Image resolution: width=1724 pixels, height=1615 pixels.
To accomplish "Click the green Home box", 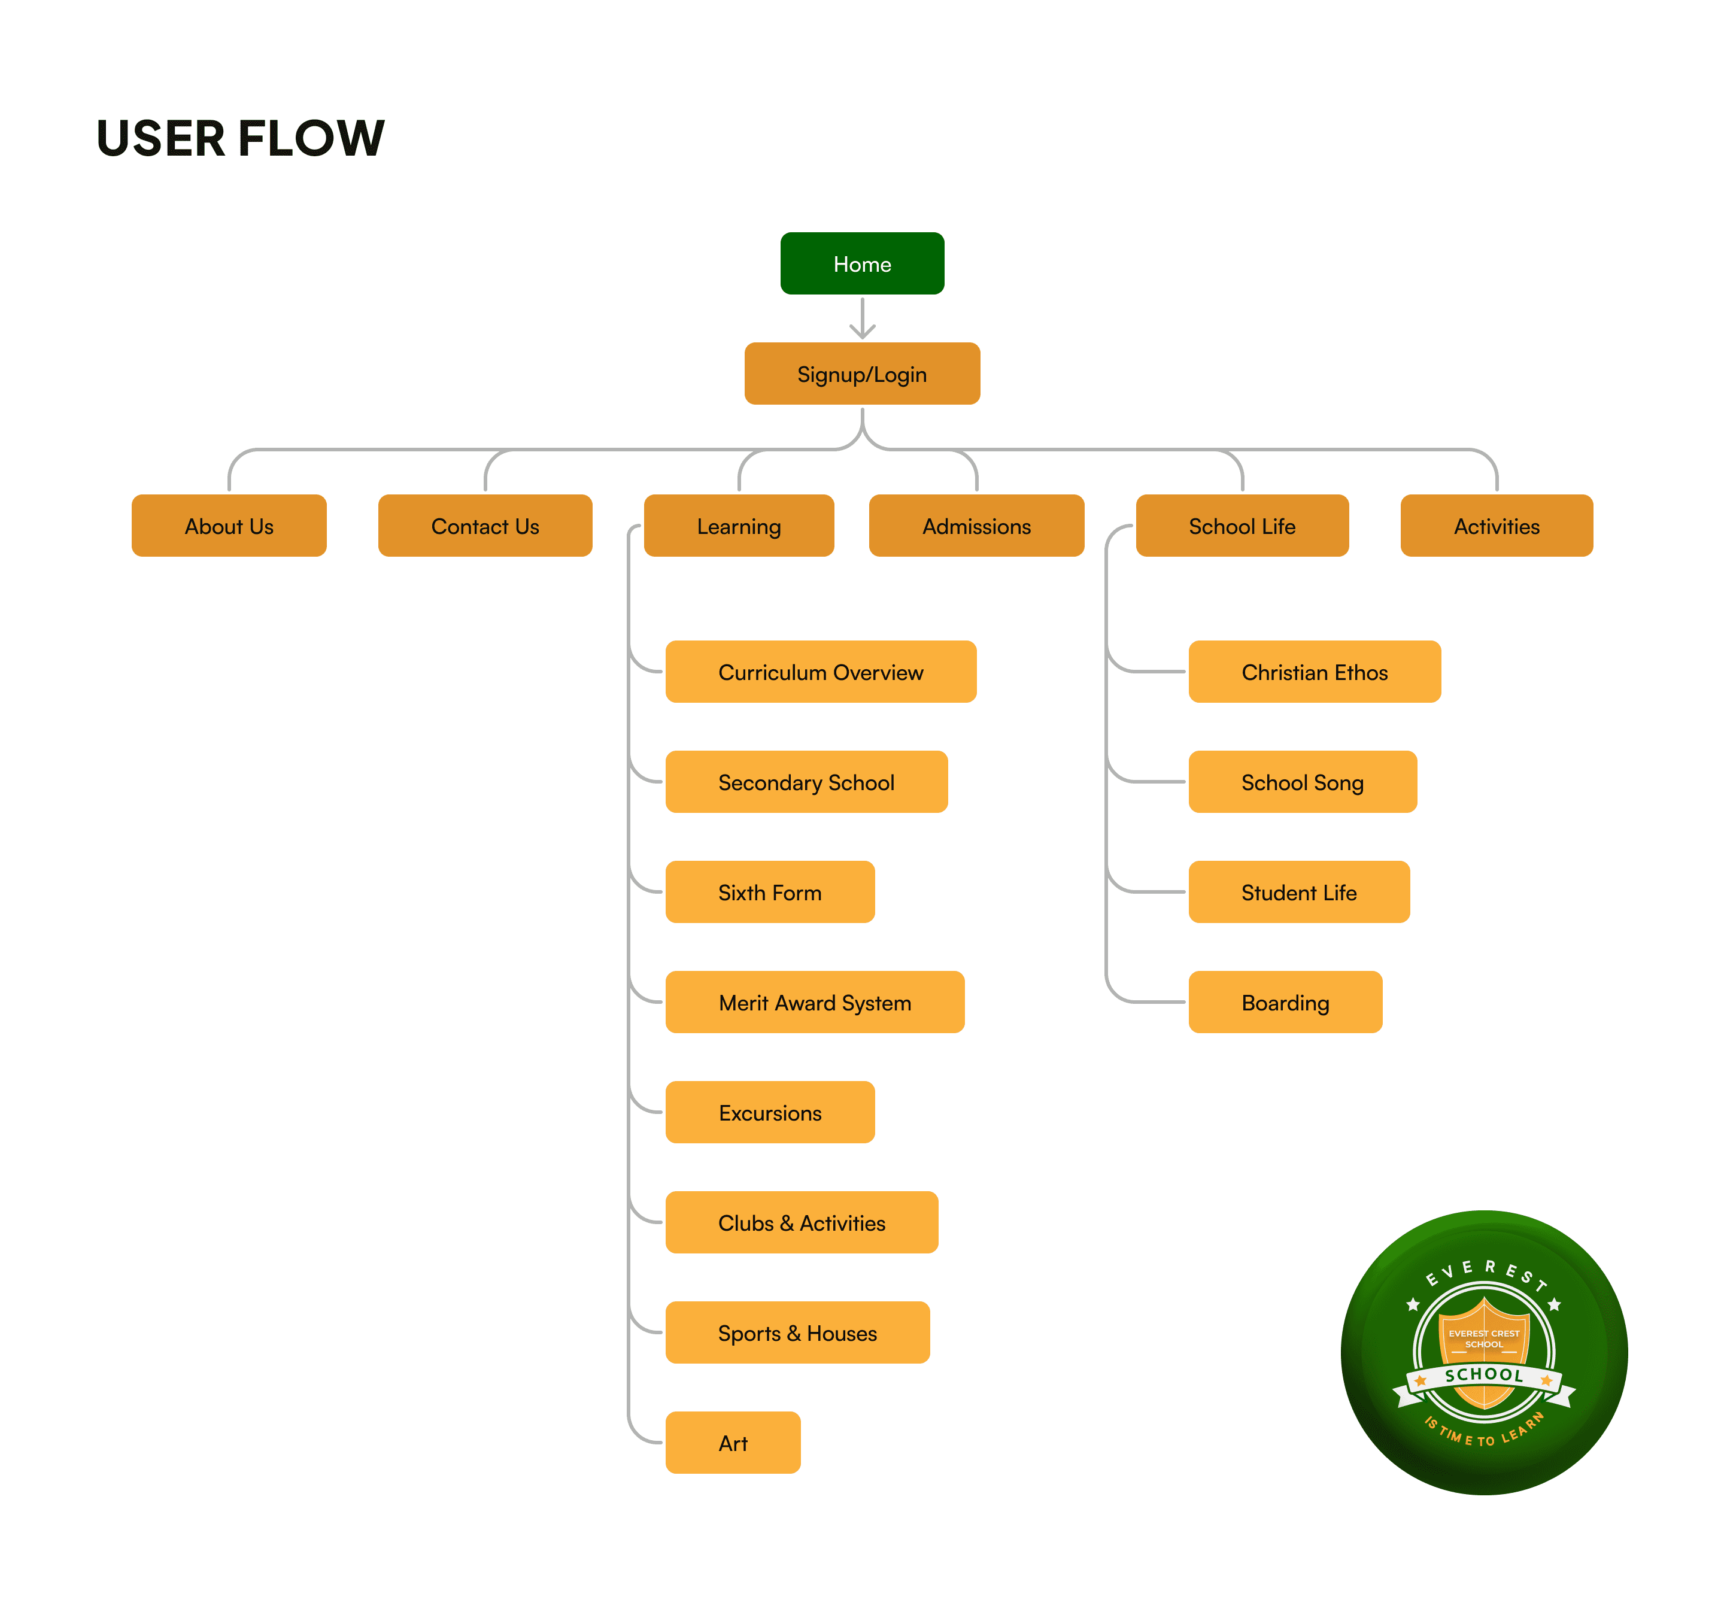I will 861,263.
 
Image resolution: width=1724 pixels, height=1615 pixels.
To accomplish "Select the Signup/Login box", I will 861,374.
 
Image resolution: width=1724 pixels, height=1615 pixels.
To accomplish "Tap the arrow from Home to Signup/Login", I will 862,318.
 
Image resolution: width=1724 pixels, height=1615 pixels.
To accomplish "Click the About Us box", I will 229,526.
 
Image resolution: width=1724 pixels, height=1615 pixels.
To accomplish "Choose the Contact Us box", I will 485,526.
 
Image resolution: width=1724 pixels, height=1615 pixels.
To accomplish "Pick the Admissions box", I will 976,526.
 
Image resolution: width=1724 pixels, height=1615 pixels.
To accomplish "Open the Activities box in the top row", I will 1496,526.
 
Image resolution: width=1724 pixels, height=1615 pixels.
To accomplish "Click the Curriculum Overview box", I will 820,672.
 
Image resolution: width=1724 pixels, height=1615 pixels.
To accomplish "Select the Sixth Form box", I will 769,892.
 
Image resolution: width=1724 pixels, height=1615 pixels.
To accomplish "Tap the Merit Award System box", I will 814,1002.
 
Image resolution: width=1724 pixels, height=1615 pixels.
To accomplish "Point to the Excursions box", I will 769,1112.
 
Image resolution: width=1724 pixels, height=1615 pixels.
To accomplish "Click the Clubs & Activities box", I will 802,1222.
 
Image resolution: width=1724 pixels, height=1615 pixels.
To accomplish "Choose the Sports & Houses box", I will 797,1332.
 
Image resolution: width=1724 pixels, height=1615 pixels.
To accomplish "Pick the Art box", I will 733,1443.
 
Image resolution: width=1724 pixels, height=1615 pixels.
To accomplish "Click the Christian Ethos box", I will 1314,672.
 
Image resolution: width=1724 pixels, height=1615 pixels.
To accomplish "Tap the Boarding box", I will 1285,1002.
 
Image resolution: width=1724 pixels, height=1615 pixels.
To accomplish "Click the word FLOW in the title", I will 311,139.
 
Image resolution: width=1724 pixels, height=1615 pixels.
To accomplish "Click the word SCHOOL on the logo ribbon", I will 1484,1375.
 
